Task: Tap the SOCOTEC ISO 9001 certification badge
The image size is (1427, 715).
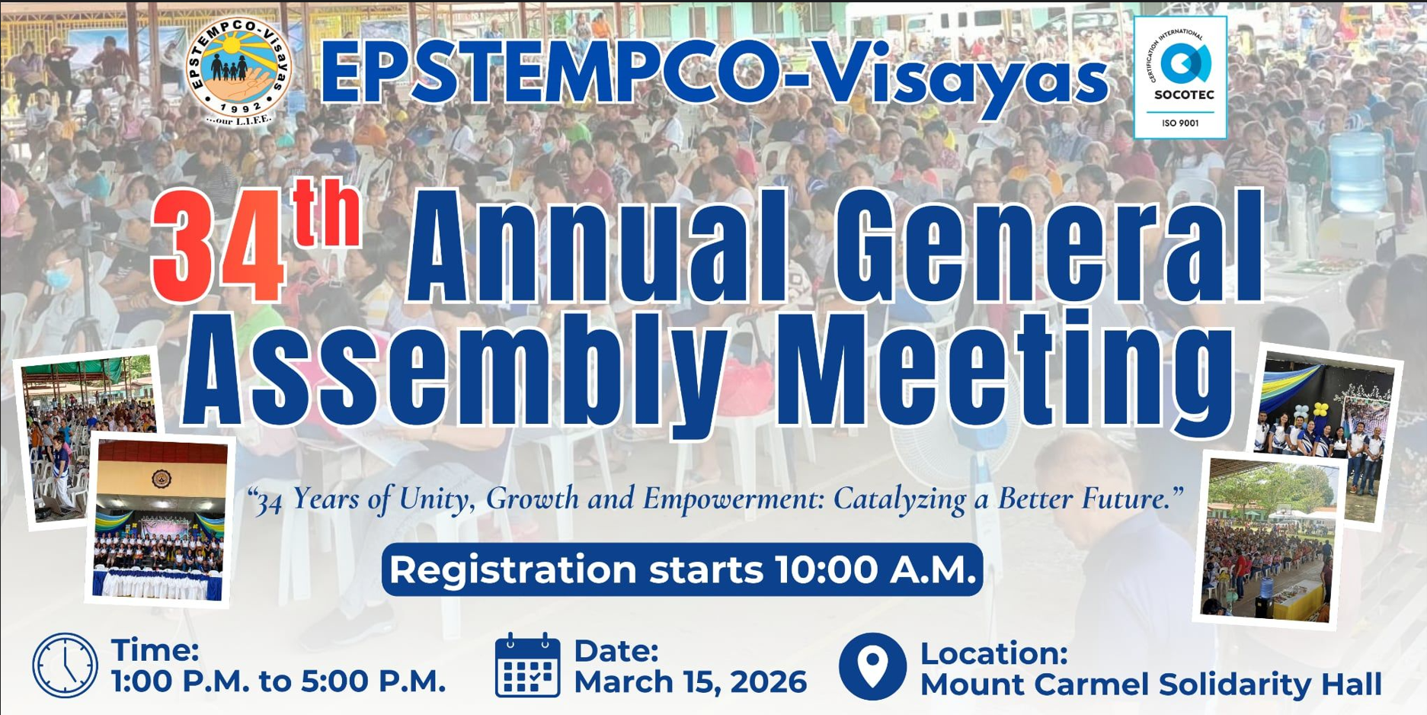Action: pyautogui.click(x=1180, y=77)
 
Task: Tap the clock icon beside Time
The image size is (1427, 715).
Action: pyautogui.click(x=65, y=665)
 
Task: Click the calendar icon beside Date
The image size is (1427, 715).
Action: pyautogui.click(x=527, y=665)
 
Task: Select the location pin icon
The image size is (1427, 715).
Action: pyautogui.click(x=872, y=666)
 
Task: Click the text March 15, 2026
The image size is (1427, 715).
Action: pyautogui.click(x=690, y=682)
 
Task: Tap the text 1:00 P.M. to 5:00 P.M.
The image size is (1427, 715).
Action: pyautogui.click(x=278, y=681)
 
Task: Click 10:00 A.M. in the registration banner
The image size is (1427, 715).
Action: pyautogui.click(x=875, y=569)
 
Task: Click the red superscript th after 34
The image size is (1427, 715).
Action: pyautogui.click(x=327, y=213)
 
